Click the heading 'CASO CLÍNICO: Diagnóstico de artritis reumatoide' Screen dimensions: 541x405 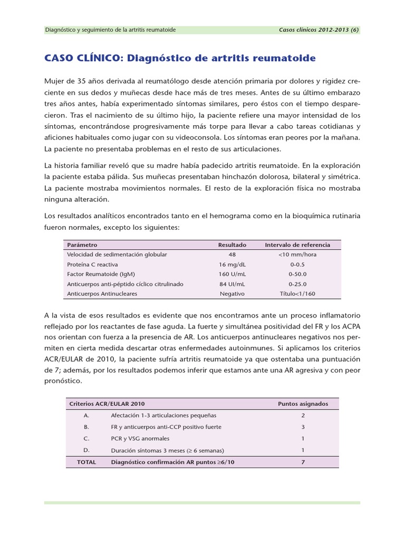(180, 58)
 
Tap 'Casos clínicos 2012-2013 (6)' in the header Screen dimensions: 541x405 (319, 30)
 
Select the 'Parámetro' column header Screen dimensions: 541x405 (82, 245)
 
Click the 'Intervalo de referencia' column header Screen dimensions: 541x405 (297, 245)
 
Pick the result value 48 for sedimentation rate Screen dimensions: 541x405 (232, 255)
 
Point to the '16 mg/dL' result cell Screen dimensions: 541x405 (232, 264)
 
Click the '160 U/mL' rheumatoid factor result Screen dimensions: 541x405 (232, 274)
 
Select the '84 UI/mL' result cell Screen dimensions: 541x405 (232, 284)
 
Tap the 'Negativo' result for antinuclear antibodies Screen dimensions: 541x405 (232, 294)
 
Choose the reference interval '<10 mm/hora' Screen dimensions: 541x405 (297, 255)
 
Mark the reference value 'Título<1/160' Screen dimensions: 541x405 (297, 294)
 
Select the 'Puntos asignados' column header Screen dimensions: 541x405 (303, 404)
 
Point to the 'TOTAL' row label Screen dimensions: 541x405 (86, 462)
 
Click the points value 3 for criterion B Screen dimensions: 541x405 (303, 427)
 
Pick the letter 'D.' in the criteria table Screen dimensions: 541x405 (86, 450)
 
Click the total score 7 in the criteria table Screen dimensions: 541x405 (303, 462)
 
